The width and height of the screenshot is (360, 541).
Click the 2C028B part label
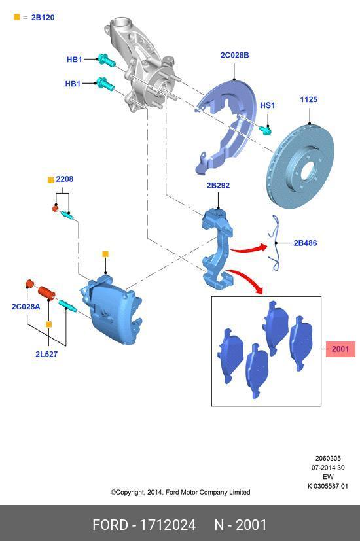(x=235, y=55)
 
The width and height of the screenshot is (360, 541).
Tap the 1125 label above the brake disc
(x=308, y=99)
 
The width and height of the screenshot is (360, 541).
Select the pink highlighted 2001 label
(x=340, y=349)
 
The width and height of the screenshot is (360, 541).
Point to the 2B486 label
(x=305, y=243)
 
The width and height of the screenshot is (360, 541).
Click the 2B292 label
(x=218, y=185)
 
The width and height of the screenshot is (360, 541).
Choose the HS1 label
(x=267, y=105)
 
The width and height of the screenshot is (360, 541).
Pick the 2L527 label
(x=46, y=354)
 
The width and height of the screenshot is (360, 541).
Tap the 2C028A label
(x=26, y=306)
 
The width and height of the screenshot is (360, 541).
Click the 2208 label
(x=65, y=179)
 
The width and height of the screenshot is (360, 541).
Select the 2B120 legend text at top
(x=43, y=17)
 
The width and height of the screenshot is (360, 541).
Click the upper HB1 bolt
(x=106, y=60)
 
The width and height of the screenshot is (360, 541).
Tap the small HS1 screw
(x=266, y=130)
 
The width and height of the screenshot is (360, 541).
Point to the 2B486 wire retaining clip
(x=276, y=243)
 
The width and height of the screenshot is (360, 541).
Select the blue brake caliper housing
(x=111, y=309)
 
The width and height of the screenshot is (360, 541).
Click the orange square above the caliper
(x=105, y=254)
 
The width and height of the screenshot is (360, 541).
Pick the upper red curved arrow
(x=249, y=248)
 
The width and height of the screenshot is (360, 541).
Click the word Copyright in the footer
(x=130, y=492)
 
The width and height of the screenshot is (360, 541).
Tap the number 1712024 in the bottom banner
(x=168, y=525)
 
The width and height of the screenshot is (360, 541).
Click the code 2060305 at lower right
(x=328, y=458)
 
